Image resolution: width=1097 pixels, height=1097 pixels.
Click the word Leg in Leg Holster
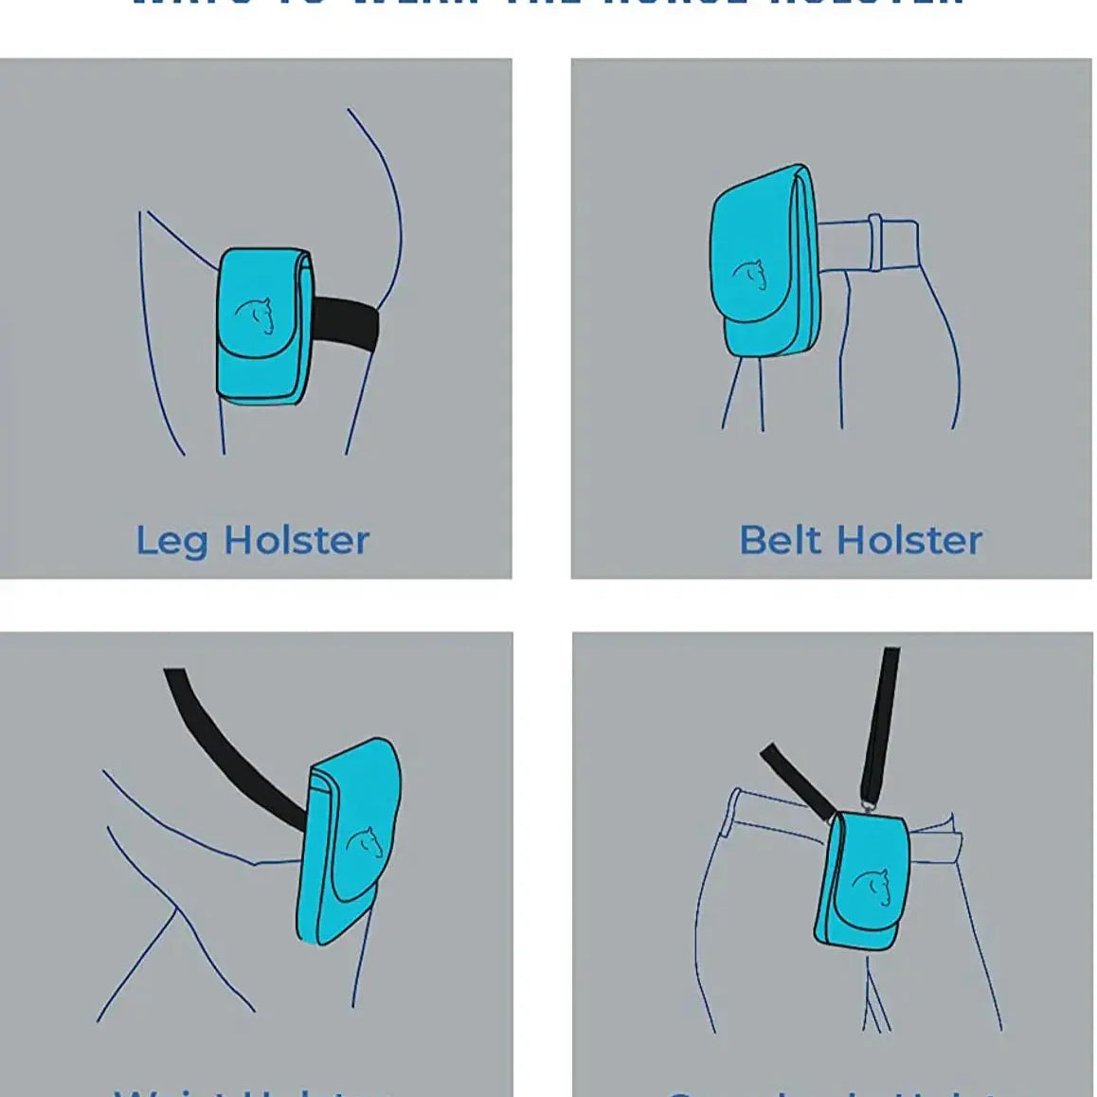[172, 541]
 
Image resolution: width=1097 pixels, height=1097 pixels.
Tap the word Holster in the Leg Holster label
[296, 541]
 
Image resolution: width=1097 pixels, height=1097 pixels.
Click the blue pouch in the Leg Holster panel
[260, 327]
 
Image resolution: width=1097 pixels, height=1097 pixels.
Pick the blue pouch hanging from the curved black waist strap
[349, 843]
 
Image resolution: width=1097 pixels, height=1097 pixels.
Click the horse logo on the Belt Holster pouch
[749, 275]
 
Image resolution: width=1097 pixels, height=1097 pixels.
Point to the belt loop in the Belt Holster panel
[875, 240]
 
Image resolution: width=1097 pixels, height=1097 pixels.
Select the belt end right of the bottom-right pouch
[938, 843]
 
